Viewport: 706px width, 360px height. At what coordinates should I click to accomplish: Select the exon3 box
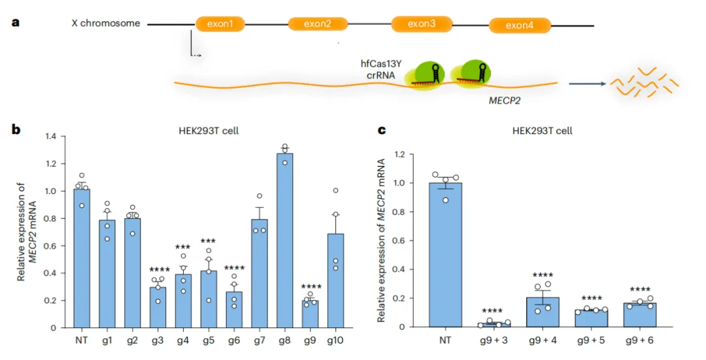pyautogui.click(x=422, y=24)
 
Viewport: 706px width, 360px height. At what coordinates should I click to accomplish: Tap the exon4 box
pyautogui.click(x=519, y=26)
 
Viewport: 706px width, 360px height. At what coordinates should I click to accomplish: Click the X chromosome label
pyautogui.click(x=106, y=24)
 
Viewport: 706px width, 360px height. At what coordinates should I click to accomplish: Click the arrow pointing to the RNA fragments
pyautogui.click(x=585, y=84)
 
